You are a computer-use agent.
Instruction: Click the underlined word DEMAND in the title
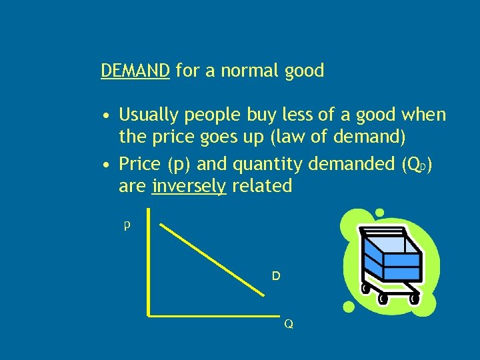[135, 71]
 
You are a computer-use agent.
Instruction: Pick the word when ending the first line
[422, 115]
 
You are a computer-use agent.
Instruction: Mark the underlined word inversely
[189, 187]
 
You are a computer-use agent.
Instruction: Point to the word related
[262, 186]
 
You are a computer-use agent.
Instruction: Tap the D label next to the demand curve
[275, 275]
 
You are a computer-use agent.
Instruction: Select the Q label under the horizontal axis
[288, 324]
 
